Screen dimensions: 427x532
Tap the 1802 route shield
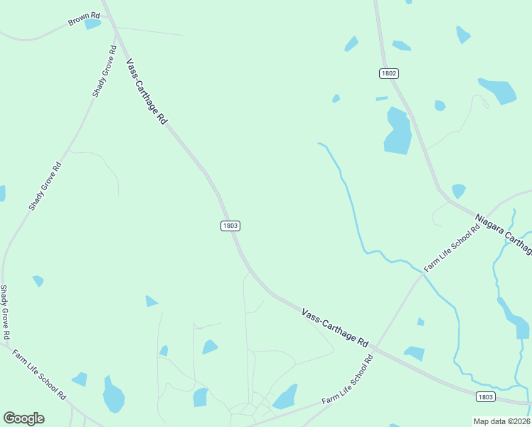[388, 73]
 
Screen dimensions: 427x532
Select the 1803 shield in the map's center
[230, 226]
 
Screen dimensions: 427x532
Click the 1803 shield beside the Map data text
[485, 396]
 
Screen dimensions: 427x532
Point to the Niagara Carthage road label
[504, 233]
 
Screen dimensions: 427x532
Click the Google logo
[23, 418]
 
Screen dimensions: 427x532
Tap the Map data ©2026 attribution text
[501, 421]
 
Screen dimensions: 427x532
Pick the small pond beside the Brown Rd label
[92, 24]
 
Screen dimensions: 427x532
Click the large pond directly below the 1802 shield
[398, 131]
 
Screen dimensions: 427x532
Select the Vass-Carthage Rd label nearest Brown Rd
[147, 93]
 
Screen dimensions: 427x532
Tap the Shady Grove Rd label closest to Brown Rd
[104, 71]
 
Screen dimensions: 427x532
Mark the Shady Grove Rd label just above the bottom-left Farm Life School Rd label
[5, 312]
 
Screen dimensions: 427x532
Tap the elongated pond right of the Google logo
[113, 395]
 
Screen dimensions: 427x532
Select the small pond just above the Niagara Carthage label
[458, 191]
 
